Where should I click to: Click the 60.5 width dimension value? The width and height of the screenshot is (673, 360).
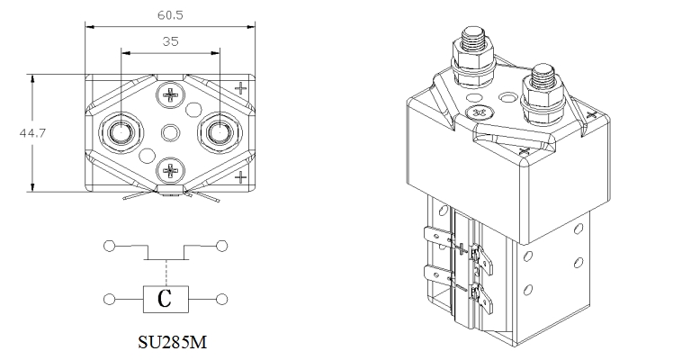(170, 15)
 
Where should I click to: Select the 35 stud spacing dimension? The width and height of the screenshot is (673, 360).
(170, 41)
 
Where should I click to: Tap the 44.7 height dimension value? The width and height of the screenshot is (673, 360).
(32, 133)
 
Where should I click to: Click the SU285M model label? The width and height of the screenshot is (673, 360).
(172, 342)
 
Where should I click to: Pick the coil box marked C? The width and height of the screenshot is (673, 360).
(166, 299)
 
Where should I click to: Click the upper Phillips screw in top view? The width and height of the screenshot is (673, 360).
(171, 94)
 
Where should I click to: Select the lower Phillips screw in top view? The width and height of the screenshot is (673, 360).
(171, 170)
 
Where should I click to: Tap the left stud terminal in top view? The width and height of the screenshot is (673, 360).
(121, 132)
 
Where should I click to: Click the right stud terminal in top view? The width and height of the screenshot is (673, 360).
(220, 132)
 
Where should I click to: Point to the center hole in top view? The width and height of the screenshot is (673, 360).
(170, 132)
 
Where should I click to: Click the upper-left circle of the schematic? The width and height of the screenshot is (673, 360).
(110, 247)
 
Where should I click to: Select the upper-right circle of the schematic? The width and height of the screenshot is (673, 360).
(221, 247)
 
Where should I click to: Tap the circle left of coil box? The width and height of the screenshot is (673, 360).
(110, 299)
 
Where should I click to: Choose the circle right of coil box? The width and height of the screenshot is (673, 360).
(221, 299)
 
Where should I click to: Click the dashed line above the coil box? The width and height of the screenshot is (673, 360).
(166, 273)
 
